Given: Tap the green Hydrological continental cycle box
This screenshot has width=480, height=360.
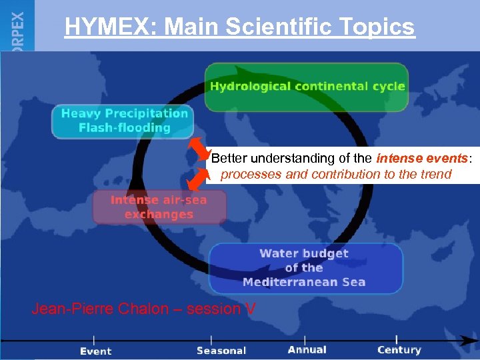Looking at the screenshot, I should click(x=307, y=87).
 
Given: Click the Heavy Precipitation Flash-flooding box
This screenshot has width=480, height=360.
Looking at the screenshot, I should click(x=123, y=121).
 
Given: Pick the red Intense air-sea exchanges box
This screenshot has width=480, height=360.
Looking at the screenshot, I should click(x=159, y=207).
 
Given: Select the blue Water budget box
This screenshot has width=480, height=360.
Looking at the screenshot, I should click(x=305, y=267).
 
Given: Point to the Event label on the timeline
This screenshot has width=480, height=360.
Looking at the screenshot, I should click(x=96, y=351).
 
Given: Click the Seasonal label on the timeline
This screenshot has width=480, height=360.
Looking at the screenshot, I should click(x=221, y=350).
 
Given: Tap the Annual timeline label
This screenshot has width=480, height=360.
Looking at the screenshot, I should click(x=307, y=349).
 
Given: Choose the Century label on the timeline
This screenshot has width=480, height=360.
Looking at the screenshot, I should click(x=399, y=349).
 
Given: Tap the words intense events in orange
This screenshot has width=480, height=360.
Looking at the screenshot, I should click(x=423, y=159).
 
